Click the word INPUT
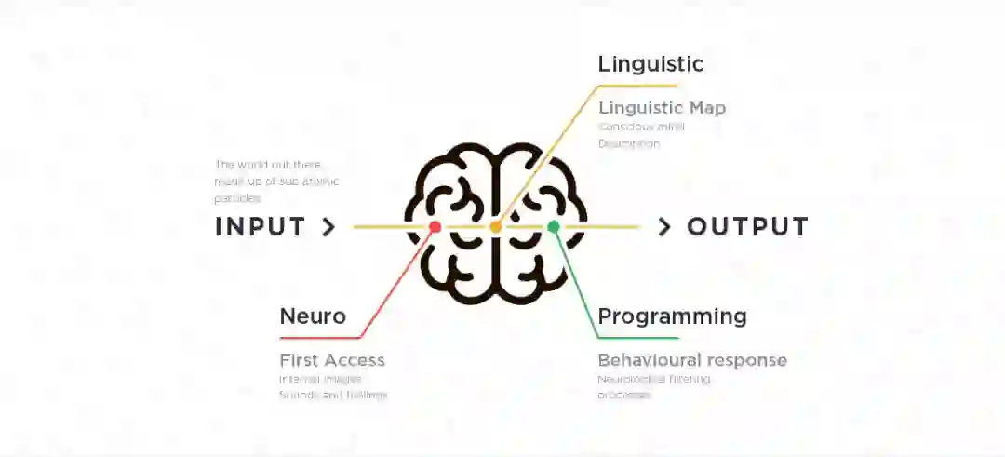coord(260,227)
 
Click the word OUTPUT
coord(747,227)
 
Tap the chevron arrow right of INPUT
coord(328,227)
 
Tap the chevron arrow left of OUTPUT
coord(664,227)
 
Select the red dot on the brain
coord(435,227)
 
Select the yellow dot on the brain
coord(495,227)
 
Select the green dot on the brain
coord(554,226)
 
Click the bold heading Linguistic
coord(650,64)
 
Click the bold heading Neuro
coord(313,316)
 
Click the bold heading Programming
coord(672,316)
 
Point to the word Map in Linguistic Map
coord(707,108)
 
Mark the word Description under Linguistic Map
coord(629,144)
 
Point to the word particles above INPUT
coord(237,198)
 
